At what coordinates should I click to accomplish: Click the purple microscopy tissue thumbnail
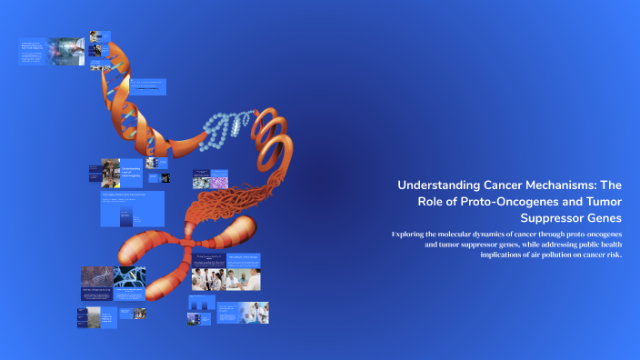click(x=223, y=182)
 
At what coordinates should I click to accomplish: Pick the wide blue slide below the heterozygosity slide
click(x=132, y=209)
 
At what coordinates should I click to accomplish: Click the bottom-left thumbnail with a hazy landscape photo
click(x=88, y=316)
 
